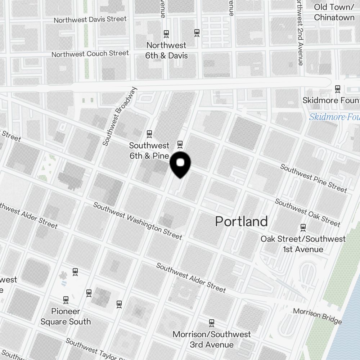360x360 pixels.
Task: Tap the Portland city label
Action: click(x=241, y=221)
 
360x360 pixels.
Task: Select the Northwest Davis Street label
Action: click(x=90, y=19)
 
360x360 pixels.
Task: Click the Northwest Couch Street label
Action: click(x=90, y=54)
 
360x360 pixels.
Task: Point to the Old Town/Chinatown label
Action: click(x=334, y=12)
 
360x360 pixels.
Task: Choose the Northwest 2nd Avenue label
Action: click(x=300, y=32)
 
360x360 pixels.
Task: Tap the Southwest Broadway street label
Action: click(x=120, y=116)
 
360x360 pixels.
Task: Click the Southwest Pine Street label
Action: click(x=313, y=178)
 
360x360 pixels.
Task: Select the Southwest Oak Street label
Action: click(x=307, y=213)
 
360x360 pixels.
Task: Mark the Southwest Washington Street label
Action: click(x=138, y=221)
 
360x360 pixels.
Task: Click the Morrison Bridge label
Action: click(x=317, y=316)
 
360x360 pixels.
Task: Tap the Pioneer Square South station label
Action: click(x=66, y=316)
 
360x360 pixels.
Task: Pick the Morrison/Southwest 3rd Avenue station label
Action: click(x=211, y=339)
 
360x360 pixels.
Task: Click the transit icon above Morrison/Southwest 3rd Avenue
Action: click(x=212, y=322)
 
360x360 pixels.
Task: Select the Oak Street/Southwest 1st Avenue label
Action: click(x=303, y=244)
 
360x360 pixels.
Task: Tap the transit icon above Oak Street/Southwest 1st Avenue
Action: click(x=303, y=227)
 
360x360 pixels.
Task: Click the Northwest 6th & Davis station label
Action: click(x=166, y=50)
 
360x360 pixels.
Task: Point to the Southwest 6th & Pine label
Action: click(x=149, y=150)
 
